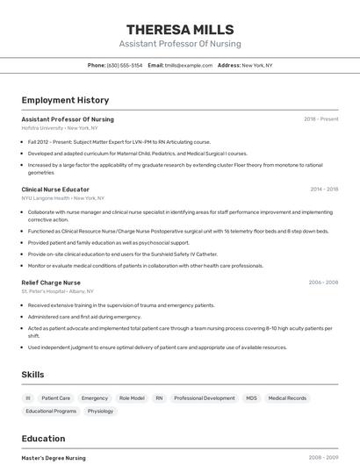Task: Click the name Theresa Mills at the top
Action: [x=180, y=29]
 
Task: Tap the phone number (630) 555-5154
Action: [x=125, y=65]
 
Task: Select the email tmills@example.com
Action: [x=189, y=65]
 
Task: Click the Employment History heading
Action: [x=65, y=100]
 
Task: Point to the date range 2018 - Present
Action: [x=320, y=119]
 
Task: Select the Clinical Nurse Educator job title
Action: [x=55, y=190]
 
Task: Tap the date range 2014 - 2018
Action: [x=324, y=190]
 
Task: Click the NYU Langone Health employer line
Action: [x=62, y=198]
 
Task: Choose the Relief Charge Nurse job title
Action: [x=51, y=283]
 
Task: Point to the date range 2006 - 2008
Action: [x=323, y=283]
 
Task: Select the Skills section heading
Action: [x=33, y=375]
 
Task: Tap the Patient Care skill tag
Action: [x=56, y=398]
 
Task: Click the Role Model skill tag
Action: [x=132, y=398]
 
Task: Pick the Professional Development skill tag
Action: [x=205, y=398]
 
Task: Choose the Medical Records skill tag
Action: [x=287, y=398]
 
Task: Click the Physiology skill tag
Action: [x=100, y=411]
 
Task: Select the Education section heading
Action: [x=43, y=439]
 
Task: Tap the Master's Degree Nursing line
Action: [x=54, y=458]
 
